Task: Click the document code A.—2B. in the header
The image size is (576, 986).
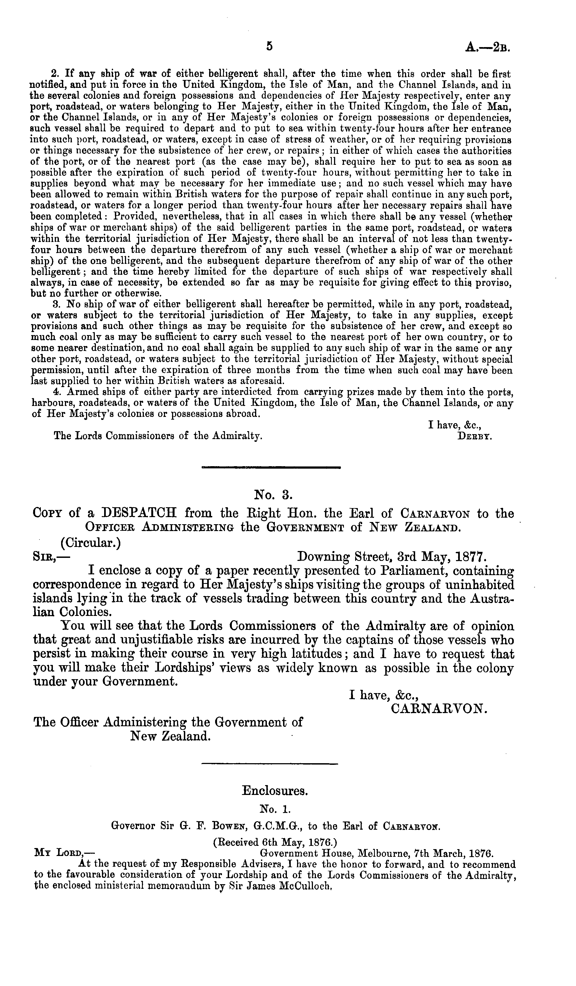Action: pyautogui.click(x=487, y=47)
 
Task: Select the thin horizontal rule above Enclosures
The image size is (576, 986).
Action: pyautogui.click(x=269, y=763)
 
